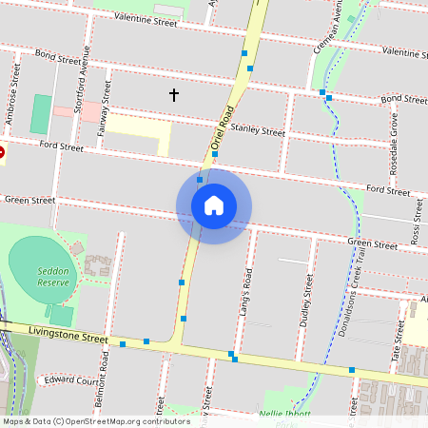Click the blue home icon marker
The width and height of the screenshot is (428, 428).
pyautogui.click(x=214, y=205)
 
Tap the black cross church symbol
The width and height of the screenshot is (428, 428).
pyautogui.click(x=174, y=94)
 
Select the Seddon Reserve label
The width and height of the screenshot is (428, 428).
pyautogui.click(x=53, y=277)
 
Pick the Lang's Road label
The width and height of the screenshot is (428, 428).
pyautogui.click(x=247, y=291)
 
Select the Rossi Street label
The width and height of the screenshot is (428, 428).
pyautogui.click(x=416, y=225)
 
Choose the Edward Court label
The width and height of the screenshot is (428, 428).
pyautogui.click(x=71, y=379)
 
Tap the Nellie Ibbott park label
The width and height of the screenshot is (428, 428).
pyautogui.click(x=285, y=414)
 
